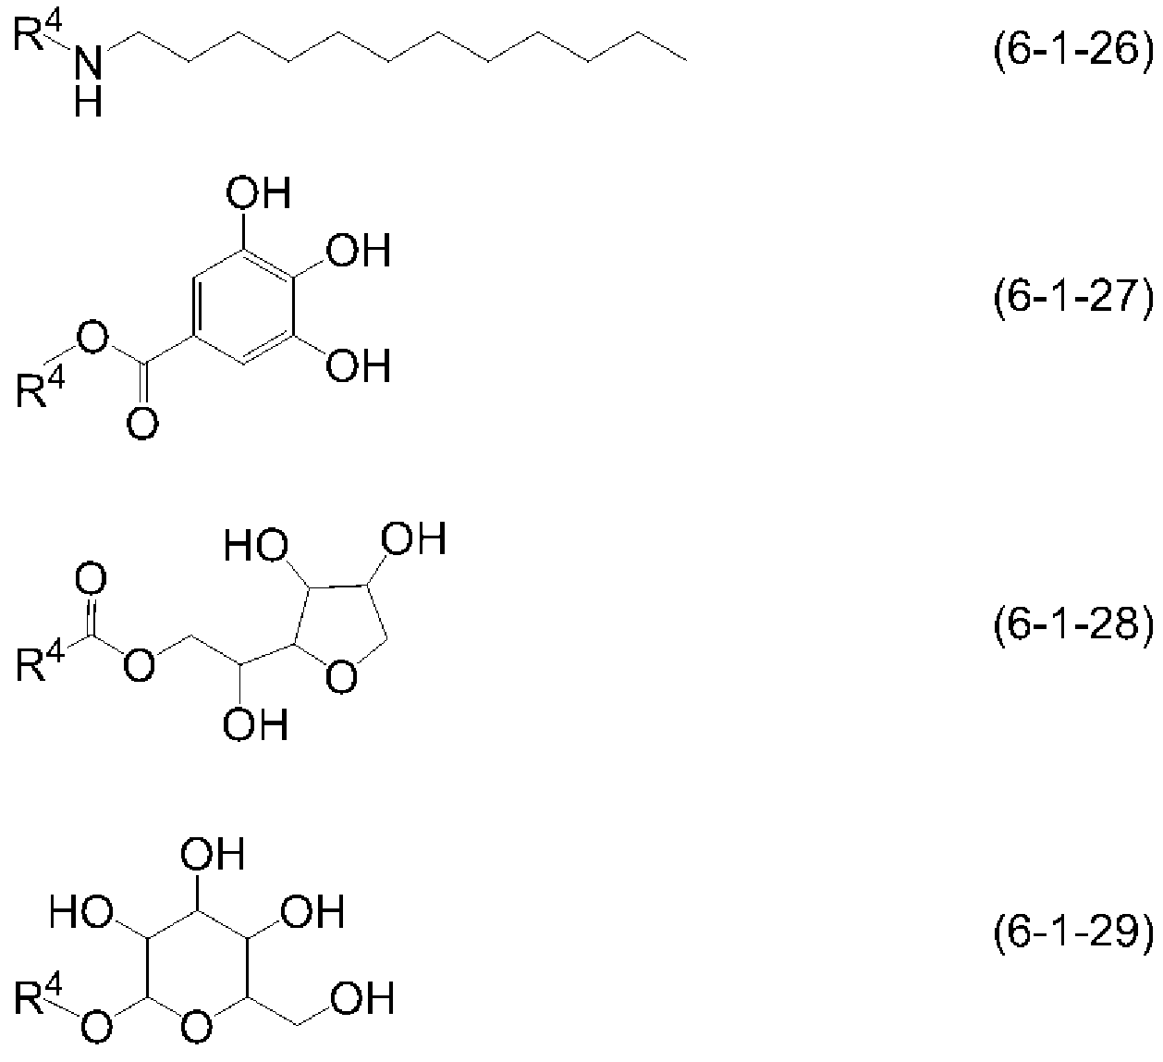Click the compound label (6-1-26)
[x=1073, y=51]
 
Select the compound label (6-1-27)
[x=1073, y=297]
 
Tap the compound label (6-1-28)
[x=1073, y=624]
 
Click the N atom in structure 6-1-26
[x=88, y=63]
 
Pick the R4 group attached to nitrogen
[x=37, y=32]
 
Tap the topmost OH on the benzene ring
[x=258, y=193]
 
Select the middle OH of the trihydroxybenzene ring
[x=359, y=251]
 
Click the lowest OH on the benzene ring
[x=359, y=365]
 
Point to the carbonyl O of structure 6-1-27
[x=142, y=424]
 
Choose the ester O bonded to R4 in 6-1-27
[x=92, y=337]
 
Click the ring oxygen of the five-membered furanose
[x=341, y=676]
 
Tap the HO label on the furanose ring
[x=256, y=546]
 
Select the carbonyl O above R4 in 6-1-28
[x=91, y=578]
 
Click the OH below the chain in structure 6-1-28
[x=256, y=725]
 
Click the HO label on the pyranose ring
[x=80, y=912]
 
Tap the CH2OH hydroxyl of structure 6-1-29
[x=362, y=998]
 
